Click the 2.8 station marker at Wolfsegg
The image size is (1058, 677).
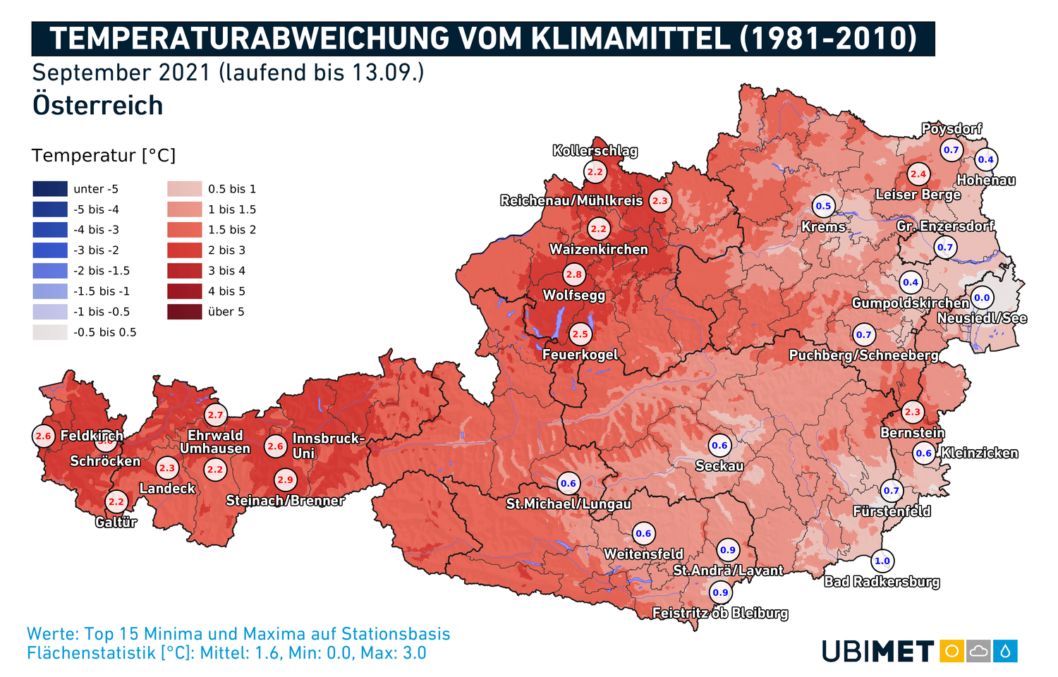tap(574, 275)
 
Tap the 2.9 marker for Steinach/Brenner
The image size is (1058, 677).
tap(285, 480)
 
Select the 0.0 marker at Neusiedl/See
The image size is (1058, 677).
tap(982, 298)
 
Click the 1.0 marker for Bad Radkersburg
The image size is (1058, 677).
tap(882, 561)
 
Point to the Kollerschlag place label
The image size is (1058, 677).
tap(595, 150)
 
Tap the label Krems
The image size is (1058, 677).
tap(823, 227)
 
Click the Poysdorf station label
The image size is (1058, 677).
tap(951, 128)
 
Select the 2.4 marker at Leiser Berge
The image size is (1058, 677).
tap(918, 173)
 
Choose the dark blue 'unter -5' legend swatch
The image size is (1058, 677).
tap(49, 189)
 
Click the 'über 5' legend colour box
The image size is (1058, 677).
tap(184, 312)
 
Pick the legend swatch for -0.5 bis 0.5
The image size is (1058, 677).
tap(49, 332)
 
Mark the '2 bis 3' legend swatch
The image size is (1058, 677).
tap(184, 250)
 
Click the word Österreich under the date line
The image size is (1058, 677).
tap(97, 106)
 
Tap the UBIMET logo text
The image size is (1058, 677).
tap(877, 652)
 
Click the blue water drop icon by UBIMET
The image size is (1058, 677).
tap(1005, 651)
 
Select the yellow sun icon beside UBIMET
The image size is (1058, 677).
tap(951, 651)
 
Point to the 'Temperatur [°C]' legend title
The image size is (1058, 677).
tap(103, 156)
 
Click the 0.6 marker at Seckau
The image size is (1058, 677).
tap(719, 445)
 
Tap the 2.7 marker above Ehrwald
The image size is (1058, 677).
tap(215, 415)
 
